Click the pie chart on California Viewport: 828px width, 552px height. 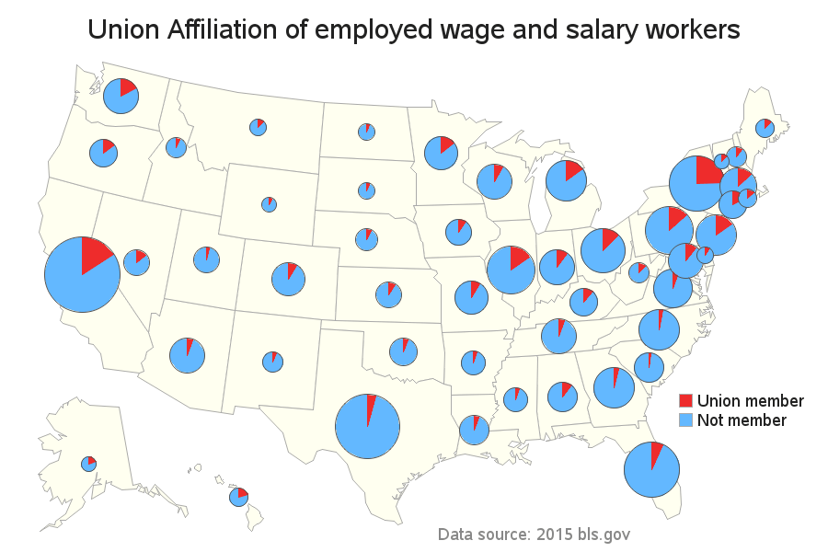(x=82, y=274)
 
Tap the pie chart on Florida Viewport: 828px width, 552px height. (x=651, y=470)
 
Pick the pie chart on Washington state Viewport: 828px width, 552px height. (x=121, y=96)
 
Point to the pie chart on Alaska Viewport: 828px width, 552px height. (x=88, y=463)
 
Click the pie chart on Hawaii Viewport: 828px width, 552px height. (x=238, y=497)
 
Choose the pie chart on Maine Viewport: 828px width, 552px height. (x=765, y=128)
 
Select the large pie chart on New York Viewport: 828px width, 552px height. (x=696, y=184)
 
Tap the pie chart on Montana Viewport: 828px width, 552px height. (x=258, y=128)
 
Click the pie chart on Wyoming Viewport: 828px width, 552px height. (x=269, y=204)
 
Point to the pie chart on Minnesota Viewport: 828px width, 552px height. (x=442, y=153)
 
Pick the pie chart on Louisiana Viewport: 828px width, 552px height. (x=474, y=430)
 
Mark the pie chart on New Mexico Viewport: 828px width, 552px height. (x=272, y=362)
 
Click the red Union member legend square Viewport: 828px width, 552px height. (x=685, y=401)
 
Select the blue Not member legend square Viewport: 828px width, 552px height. (x=685, y=420)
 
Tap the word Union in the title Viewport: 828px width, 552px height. (x=122, y=30)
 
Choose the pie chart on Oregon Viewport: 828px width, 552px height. (x=104, y=153)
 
